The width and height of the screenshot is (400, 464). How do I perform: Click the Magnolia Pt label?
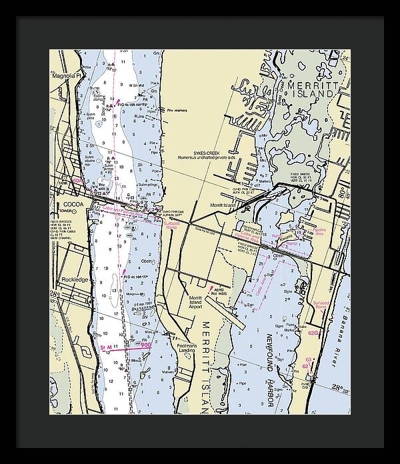66,75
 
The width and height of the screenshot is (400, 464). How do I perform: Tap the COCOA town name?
70,204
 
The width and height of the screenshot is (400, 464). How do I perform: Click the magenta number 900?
145,345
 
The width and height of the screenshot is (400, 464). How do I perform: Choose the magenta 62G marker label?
315,332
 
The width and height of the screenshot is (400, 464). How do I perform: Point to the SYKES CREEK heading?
207,153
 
